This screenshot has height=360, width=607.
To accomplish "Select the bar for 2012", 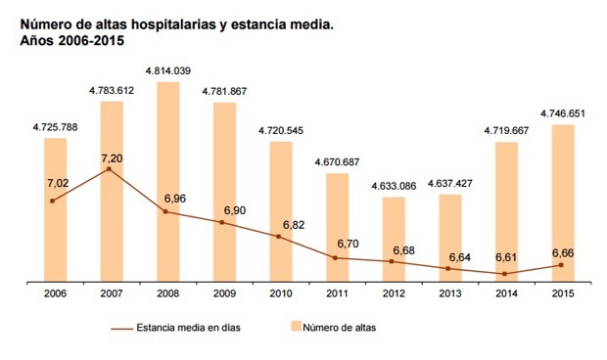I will click(393, 240).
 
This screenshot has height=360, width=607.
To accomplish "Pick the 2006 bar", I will click(55, 209).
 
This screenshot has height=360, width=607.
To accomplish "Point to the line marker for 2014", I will click(505, 274).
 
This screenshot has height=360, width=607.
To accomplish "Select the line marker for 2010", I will click(280, 237).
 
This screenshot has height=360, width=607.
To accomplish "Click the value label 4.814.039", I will click(167, 70).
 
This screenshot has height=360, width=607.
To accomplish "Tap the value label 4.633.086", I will click(393, 185).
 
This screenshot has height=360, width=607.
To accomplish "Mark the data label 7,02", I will click(58, 182).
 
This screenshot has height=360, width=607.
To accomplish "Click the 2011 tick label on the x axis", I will click(336, 294).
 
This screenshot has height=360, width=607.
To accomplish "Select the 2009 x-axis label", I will click(223, 294).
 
